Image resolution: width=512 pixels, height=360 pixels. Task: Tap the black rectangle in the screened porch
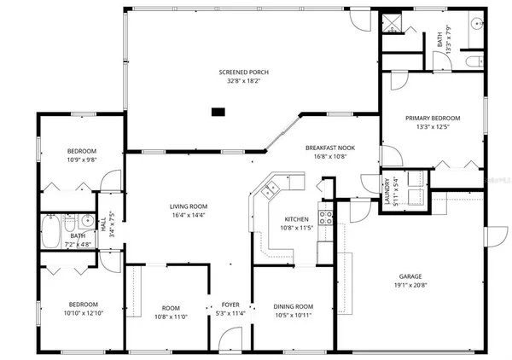(218, 110)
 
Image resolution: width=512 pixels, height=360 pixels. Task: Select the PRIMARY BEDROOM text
(432, 118)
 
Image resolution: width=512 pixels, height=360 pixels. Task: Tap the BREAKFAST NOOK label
(330, 148)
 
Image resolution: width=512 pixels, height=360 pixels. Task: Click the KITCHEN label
(297, 219)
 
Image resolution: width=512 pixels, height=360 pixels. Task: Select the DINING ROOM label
(293, 306)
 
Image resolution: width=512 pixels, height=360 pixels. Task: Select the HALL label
(102, 226)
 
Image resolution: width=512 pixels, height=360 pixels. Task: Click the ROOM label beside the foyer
(171, 307)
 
